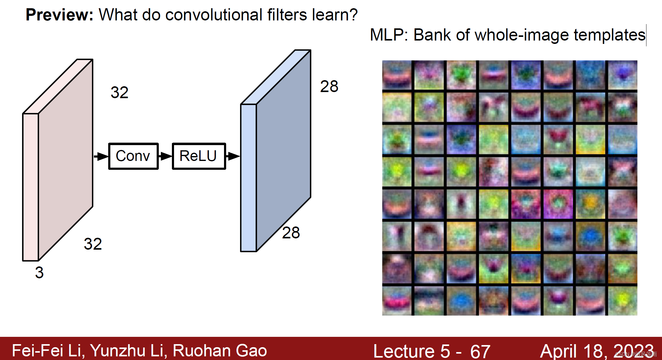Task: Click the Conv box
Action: point(133,156)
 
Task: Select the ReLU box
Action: point(199,156)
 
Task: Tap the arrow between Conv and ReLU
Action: point(165,156)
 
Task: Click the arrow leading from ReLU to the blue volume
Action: point(233,156)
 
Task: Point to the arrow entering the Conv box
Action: point(101,156)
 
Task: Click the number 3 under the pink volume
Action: point(39,273)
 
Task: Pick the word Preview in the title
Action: point(59,15)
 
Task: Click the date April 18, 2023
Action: point(597,351)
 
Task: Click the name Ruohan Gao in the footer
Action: point(220,351)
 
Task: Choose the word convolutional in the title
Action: point(214,15)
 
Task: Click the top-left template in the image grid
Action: point(397,75)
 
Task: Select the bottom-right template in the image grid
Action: point(623,301)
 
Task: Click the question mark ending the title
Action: point(353,15)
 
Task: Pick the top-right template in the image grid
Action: point(623,75)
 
